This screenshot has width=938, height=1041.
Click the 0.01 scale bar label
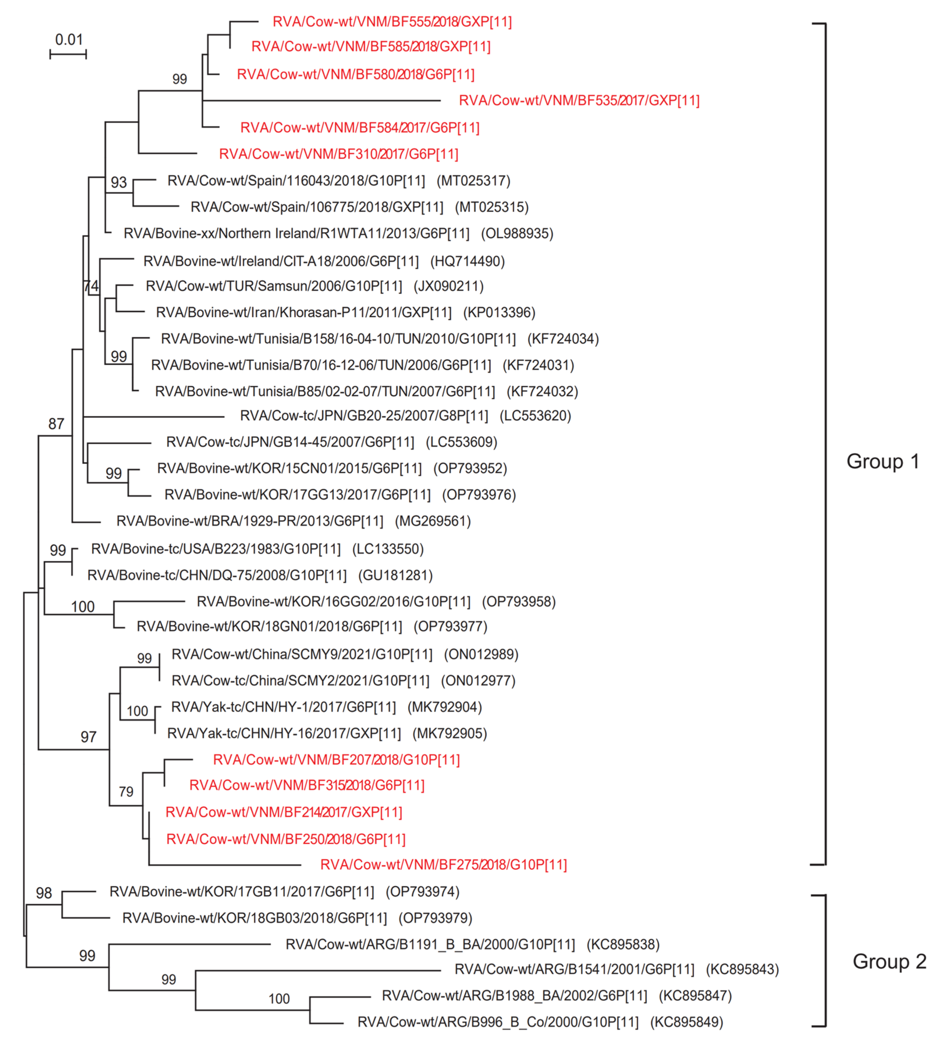click(69, 40)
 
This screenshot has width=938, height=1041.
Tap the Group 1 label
click(883, 461)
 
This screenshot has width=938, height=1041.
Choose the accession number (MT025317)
click(473, 181)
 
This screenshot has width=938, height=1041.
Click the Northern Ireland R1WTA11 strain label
click(296, 233)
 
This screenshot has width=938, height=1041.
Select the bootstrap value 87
click(56, 424)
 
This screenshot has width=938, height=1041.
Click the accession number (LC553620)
click(535, 416)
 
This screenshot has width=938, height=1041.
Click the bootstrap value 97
click(88, 737)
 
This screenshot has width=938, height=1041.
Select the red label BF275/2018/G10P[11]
click(443, 865)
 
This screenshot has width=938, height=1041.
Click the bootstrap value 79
click(126, 792)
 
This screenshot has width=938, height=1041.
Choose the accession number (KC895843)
click(742, 969)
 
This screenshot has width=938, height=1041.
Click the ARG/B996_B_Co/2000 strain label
click(498, 1022)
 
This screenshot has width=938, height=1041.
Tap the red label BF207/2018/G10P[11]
click(336, 759)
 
